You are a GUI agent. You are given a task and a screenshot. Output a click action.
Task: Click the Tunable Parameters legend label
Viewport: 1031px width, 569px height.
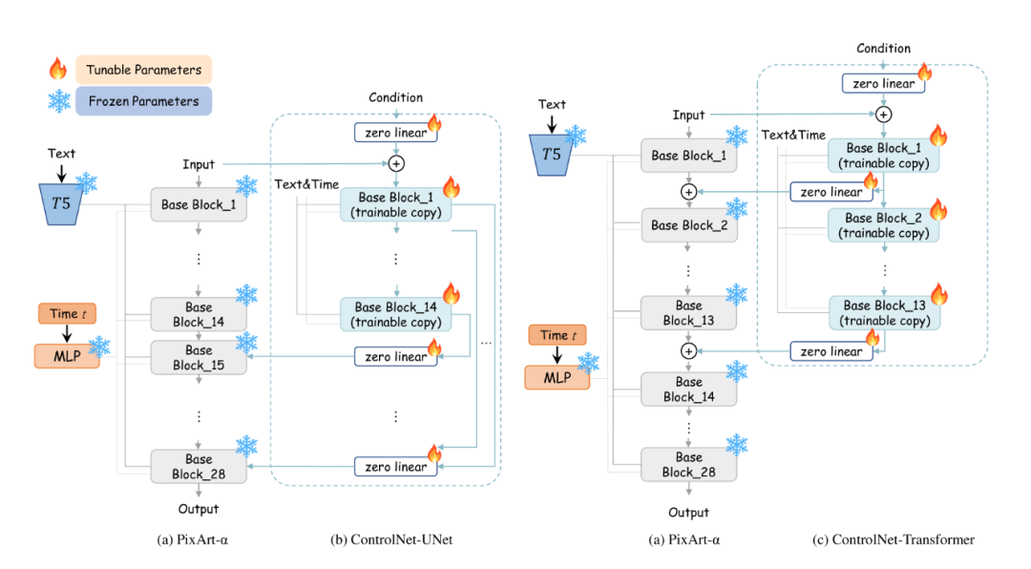pyautogui.click(x=143, y=70)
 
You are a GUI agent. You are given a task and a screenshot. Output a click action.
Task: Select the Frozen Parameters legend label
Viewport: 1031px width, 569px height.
pyautogui.click(x=142, y=101)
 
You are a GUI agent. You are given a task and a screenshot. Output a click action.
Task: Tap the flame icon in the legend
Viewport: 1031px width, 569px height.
pyautogui.click(x=58, y=69)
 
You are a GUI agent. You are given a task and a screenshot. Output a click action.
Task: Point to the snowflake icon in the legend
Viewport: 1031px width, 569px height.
pyautogui.click(x=59, y=101)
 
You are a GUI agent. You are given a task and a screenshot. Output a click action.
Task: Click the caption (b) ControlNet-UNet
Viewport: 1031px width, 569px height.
pyautogui.click(x=390, y=540)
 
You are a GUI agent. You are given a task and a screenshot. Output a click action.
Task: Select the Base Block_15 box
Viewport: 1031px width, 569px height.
pyautogui.click(x=199, y=358)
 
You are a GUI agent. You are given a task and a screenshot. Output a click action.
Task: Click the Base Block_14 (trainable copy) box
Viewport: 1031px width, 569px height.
pyautogui.click(x=397, y=314)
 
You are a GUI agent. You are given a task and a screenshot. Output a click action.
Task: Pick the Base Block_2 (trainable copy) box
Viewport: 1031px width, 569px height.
pyautogui.click(x=884, y=225)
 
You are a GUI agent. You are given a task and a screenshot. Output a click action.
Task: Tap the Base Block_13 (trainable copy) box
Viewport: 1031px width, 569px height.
pyautogui.click(x=884, y=313)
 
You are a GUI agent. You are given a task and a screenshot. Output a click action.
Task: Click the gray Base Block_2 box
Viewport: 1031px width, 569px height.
pyautogui.click(x=689, y=226)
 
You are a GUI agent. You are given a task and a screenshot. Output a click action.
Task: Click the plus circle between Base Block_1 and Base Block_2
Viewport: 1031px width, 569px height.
pyautogui.click(x=688, y=192)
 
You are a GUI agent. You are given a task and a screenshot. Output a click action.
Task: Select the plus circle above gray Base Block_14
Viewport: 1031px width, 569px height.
pyautogui.click(x=688, y=351)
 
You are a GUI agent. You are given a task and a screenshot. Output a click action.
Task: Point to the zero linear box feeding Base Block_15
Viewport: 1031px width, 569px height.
pyautogui.click(x=396, y=357)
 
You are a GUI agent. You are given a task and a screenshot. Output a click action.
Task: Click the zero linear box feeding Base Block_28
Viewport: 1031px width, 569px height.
pyautogui.click(x=396, y=467)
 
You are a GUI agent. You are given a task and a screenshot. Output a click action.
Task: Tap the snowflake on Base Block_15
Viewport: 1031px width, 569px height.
pyautogui.click(x=246, y=342)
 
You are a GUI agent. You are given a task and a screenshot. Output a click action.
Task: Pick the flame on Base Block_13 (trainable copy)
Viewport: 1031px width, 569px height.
pyautogui.click(x=937, y=293)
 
